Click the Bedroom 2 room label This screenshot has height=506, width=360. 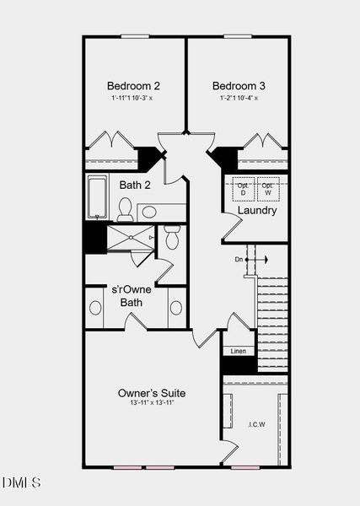coord(133,85)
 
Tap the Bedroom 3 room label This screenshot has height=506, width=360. coord(239,85)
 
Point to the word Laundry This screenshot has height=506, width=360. coord(257,210)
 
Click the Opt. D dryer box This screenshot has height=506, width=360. coord(244,189)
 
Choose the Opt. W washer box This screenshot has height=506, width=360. coord(267,189)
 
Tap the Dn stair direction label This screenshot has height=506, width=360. coord(239,259)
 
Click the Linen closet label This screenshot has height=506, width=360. coord(239,350)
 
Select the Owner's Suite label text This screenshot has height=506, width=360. coord(152,393)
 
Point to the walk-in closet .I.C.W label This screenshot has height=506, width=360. coord(257,424)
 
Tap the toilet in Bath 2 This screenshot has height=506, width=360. coord(125,207)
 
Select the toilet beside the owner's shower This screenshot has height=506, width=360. coord(171,238)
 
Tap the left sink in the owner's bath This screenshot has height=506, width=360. coord(94,307)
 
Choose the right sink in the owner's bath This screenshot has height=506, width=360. coord(175,307)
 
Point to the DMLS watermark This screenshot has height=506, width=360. coord(21,482)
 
